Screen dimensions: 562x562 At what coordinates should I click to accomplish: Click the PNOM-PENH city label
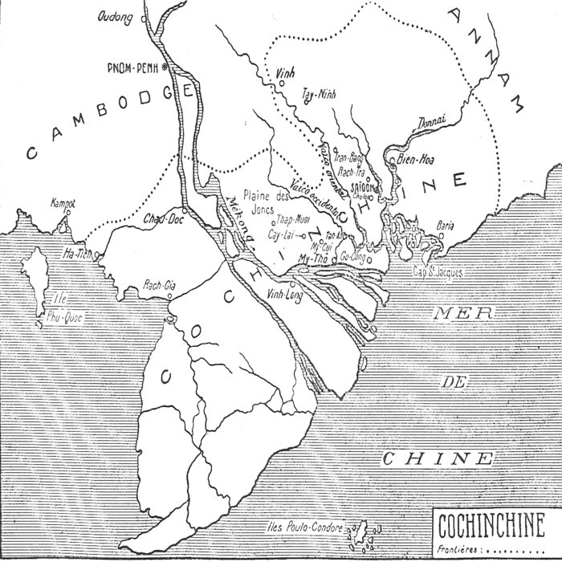pos(132,67)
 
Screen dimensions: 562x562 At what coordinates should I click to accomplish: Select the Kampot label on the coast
pos(63,202)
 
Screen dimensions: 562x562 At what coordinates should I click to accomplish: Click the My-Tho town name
pos(308,259)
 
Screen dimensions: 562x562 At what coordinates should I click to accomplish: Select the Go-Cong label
pos(354,256)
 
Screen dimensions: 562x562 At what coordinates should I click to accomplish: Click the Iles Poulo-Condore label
pos(304,528)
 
